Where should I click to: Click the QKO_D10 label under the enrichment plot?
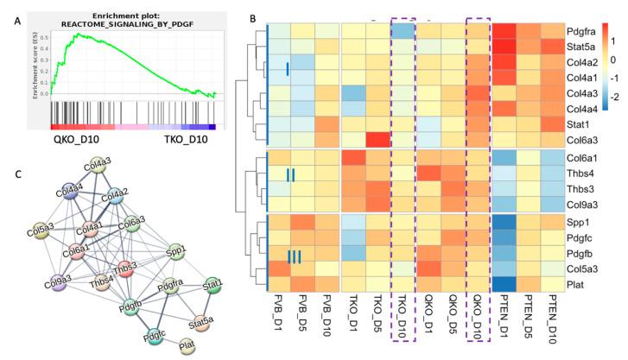pos(79,137)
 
